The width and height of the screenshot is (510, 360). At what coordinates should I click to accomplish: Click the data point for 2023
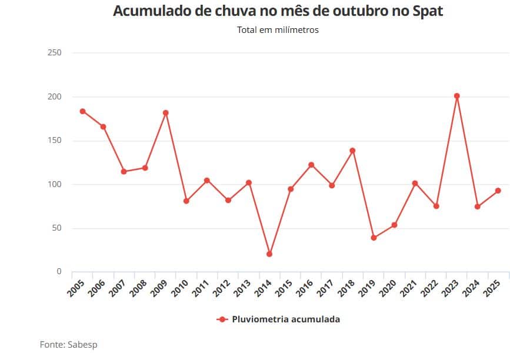tap(456, 96)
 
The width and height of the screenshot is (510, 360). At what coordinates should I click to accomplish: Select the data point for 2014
tap(269, 254)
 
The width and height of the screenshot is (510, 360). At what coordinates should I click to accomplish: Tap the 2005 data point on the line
tap(82, 111)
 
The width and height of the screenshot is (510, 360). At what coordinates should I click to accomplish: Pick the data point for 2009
tap(166, 113)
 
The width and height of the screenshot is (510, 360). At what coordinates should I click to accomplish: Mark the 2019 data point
tap(374, 238)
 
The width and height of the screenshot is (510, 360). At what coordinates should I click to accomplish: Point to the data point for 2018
tap(352, 151)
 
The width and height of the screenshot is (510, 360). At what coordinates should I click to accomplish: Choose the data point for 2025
tap(498, 191)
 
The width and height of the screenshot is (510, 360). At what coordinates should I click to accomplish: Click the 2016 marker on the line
tap(311, 165)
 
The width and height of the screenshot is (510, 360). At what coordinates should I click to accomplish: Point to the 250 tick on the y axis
tap(54, 53)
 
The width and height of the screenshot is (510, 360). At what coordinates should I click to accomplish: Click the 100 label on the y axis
tap(54, 184)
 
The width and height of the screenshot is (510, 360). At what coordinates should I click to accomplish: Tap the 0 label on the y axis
tap(59, 272)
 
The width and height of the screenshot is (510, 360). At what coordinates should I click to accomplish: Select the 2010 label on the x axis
tap(179, 288)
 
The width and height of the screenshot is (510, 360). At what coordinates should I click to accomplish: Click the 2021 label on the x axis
tap(408, 288)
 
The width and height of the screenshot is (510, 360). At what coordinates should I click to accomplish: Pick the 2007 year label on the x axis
tap(117, 288)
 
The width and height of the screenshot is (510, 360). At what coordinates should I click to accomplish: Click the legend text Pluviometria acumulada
tap(286, 319)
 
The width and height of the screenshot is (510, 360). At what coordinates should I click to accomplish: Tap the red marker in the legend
tap(222, 319)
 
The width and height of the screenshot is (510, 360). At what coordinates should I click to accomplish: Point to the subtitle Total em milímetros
tap(278, 30)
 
